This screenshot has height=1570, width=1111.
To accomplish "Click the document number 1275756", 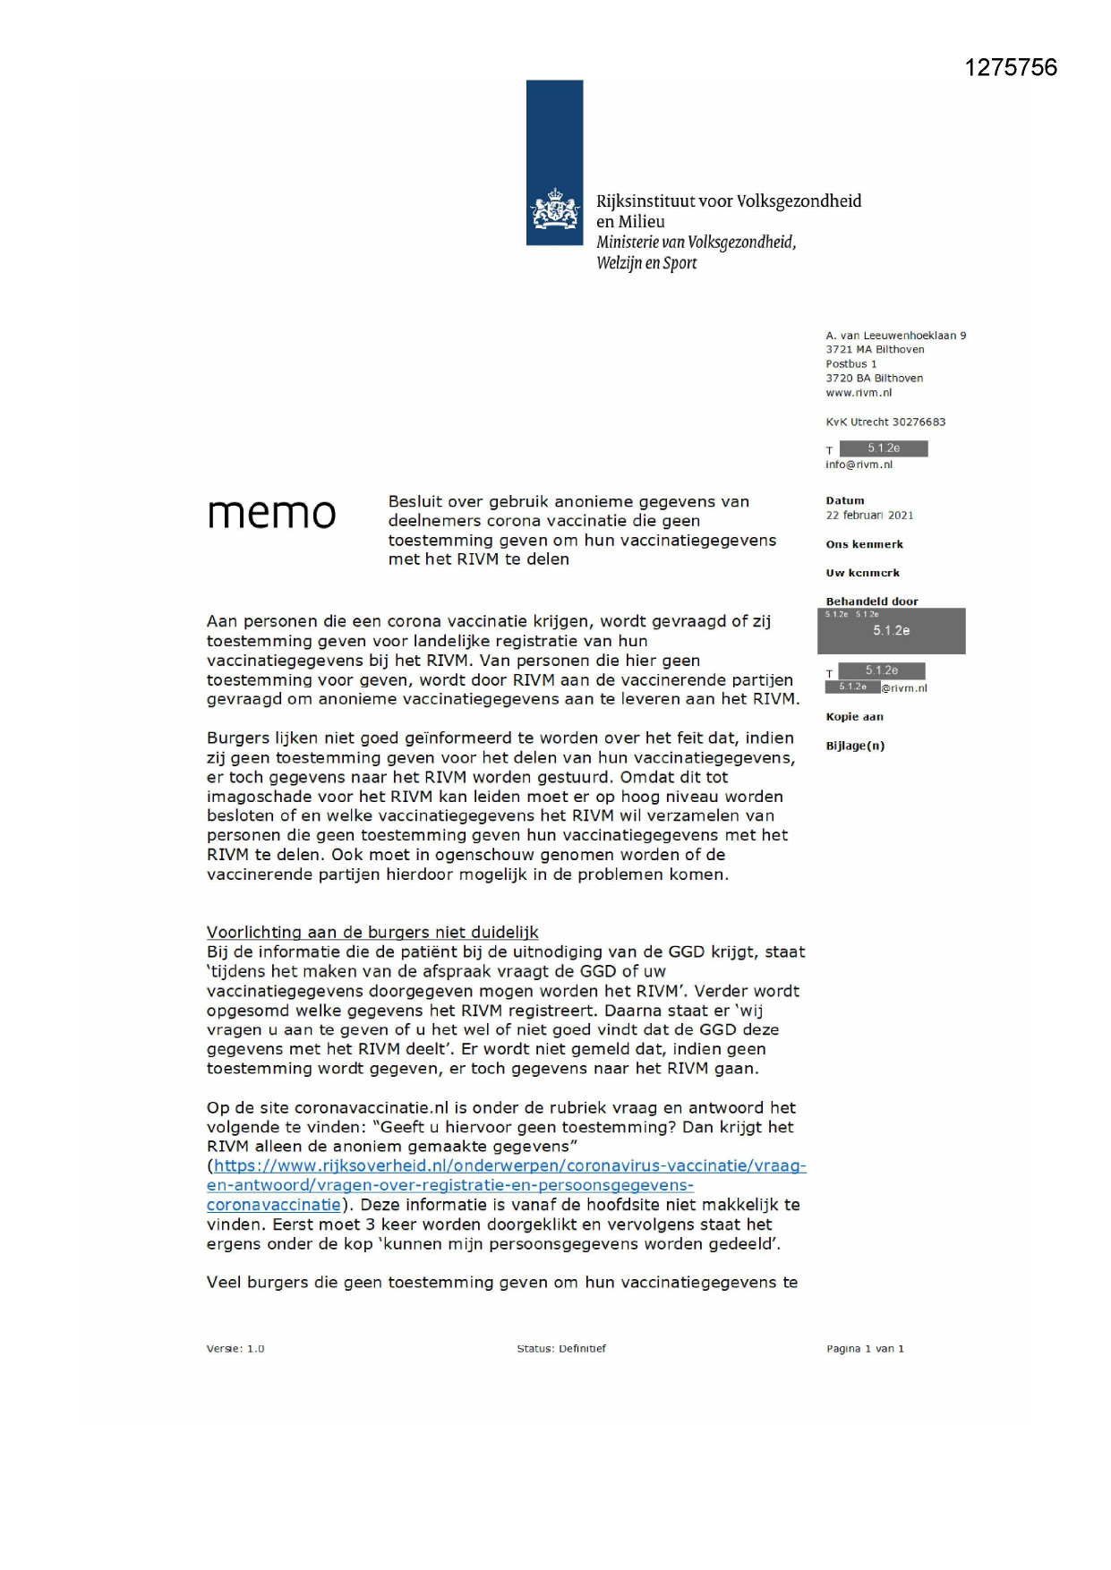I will (x=1010, y=68).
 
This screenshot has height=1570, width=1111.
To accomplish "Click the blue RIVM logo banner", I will (x=554, y=162).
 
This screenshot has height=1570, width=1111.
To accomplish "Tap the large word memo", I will (x=271, y=513).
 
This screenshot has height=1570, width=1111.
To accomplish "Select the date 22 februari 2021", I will (x=869, y=516).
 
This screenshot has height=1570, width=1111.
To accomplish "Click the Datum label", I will (x=845, y=501).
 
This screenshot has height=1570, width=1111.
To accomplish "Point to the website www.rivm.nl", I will (x=859, y=393).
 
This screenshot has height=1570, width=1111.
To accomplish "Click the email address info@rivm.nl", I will (x=859, y=465).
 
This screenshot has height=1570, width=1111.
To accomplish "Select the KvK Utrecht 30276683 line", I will (x=885, y=422).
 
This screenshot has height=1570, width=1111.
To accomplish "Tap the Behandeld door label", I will (x=871, y=602).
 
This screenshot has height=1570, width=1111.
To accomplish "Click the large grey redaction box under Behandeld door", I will (x=891, y=631).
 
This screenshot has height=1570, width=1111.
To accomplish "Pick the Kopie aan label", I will (x=854, y=717).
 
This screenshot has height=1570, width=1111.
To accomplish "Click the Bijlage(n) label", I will (x=855, y=746).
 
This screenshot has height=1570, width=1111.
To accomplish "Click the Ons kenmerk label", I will (x=864, y=544).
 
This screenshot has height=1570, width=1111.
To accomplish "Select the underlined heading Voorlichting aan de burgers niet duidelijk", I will (x=372, y=932).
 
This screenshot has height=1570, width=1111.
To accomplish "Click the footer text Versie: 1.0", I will (x=235, y=1349).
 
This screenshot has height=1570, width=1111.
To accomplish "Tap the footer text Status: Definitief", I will (x=561, y=1349).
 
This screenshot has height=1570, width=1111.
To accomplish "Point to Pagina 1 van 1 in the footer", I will (x=865, y=1349).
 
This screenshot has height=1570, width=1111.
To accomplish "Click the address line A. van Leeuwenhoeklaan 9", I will (x=895, y=336).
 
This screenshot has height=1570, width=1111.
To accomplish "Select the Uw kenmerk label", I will (x=862, y=573).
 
